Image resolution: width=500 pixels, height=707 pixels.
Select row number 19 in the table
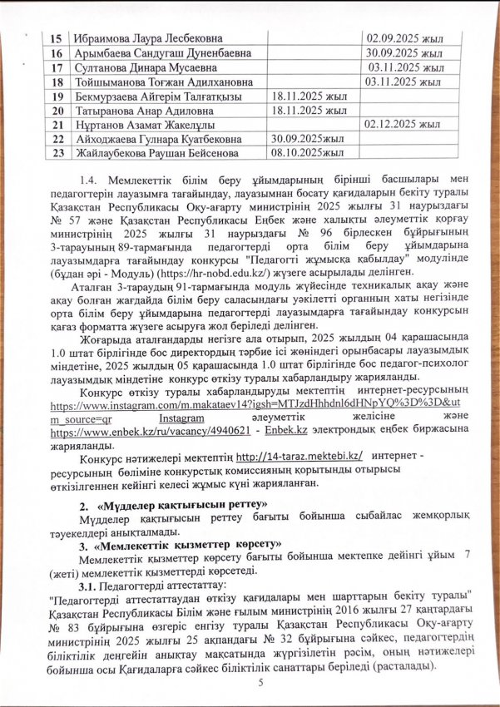click(x=57, y=96)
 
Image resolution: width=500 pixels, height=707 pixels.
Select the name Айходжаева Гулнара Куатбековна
click(x=160, y=139)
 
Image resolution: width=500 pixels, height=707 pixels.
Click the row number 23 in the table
click(x=57, y=153)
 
